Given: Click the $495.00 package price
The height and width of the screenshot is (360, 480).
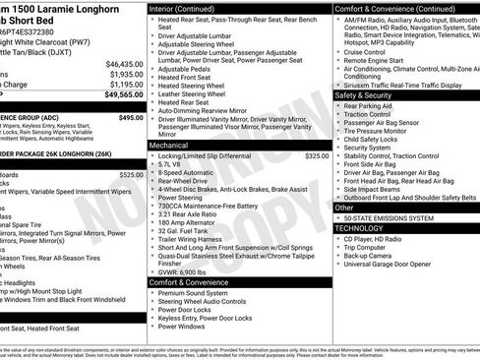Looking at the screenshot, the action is pyautogui.click(x=130, y=117).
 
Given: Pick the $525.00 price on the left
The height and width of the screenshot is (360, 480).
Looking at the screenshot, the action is pyautogui.click(x=131, y=174).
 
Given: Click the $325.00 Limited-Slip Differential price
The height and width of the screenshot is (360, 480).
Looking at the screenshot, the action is pyautogui.click(x=317, y=155).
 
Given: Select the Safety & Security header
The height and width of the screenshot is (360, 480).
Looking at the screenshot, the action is pyautogui.click(x=362, y=95).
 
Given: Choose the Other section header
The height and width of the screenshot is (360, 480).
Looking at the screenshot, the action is pyautogui.click(x=343, y=208).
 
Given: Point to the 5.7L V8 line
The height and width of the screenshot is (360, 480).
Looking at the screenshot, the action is pyautogui.click(x=173, y=163).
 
